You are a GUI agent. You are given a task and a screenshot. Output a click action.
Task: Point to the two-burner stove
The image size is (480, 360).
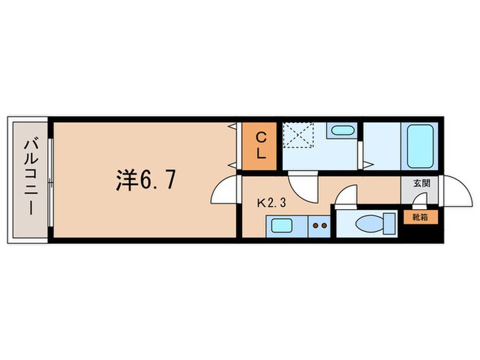pyautogui.click(x=319, y=223)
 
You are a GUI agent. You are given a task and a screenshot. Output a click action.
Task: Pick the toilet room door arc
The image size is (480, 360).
pyautogui.click(x=347, y=195)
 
